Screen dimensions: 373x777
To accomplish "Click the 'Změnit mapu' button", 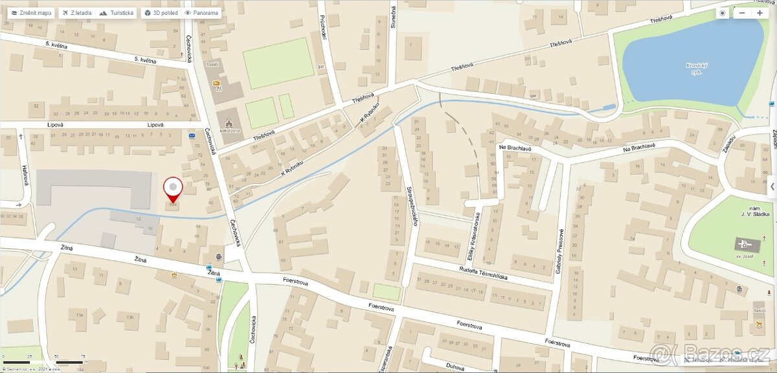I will pos(31,13).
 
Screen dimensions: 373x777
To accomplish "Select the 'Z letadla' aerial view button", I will pos(76,13).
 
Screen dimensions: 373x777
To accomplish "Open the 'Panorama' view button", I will pos(201,13).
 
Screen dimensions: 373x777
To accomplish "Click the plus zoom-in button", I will pos(760,13).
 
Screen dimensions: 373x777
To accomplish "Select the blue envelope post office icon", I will pos(192,136).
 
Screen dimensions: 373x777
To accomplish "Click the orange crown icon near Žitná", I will pos(174,275).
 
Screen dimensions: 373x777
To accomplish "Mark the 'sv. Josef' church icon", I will pos(745,245).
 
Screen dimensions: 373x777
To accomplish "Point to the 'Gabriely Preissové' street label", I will pos(561,252).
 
